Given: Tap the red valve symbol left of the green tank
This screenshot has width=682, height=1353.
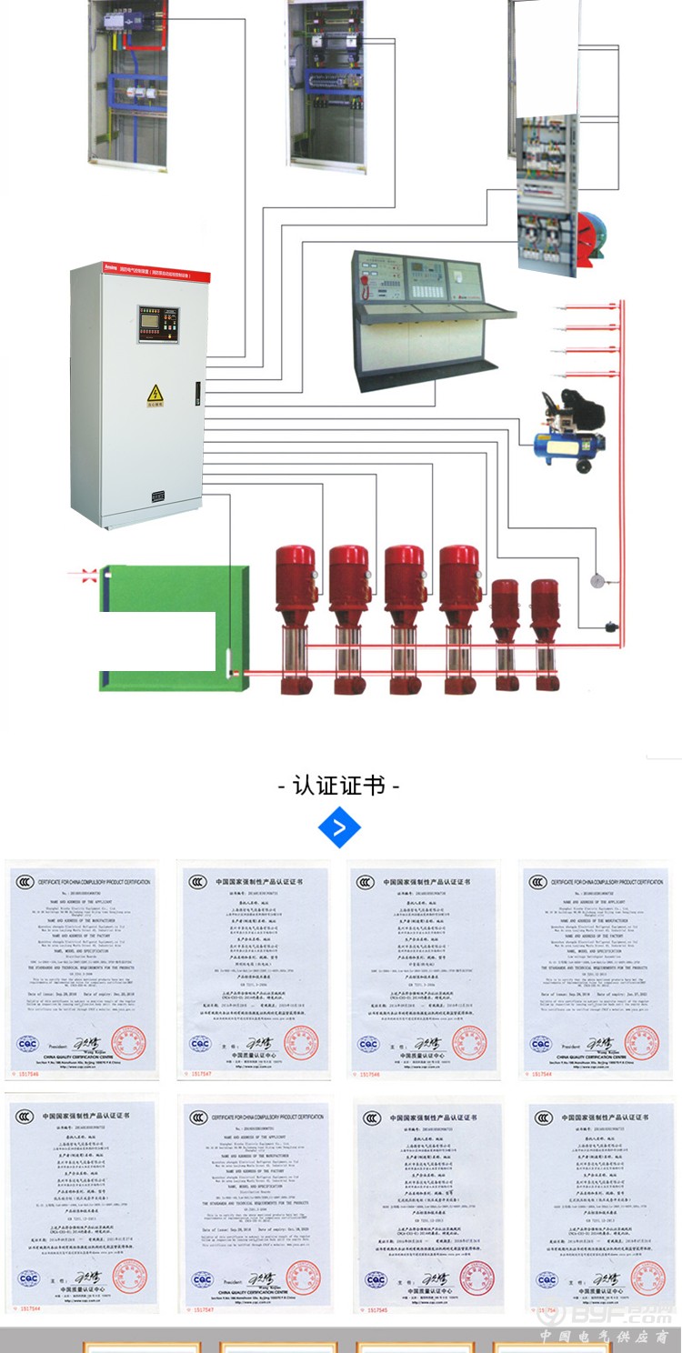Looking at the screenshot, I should [89, 575].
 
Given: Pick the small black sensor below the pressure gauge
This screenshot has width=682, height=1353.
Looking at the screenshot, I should [610, 625].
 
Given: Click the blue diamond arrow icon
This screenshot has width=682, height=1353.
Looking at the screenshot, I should [340, 827].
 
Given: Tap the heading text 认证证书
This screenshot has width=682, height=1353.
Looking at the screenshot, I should [339, 785].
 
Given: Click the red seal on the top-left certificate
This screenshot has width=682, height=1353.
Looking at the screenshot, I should [128, 1042].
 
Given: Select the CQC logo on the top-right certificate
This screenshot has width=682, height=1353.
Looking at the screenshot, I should [543, 1043].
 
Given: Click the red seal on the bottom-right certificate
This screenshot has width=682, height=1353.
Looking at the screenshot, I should [647, 1278].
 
